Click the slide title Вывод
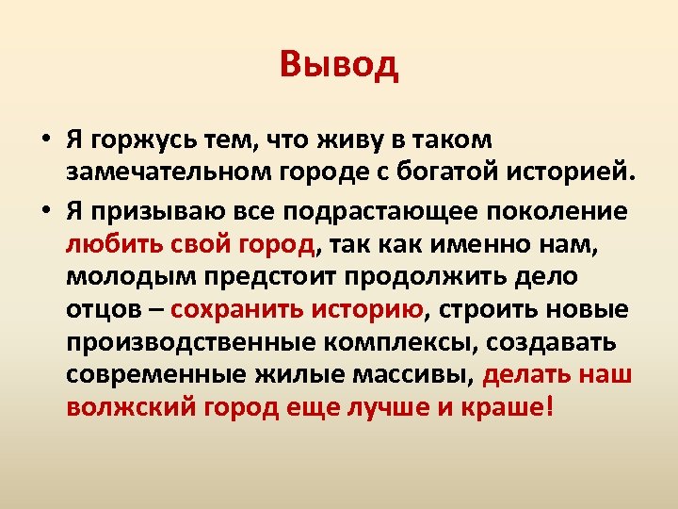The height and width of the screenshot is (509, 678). pos(339,65)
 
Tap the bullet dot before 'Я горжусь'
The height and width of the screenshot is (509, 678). pos(45,141)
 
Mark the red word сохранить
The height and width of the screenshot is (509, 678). pos(238,310)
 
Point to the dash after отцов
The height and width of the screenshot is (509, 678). pos(155,310)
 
